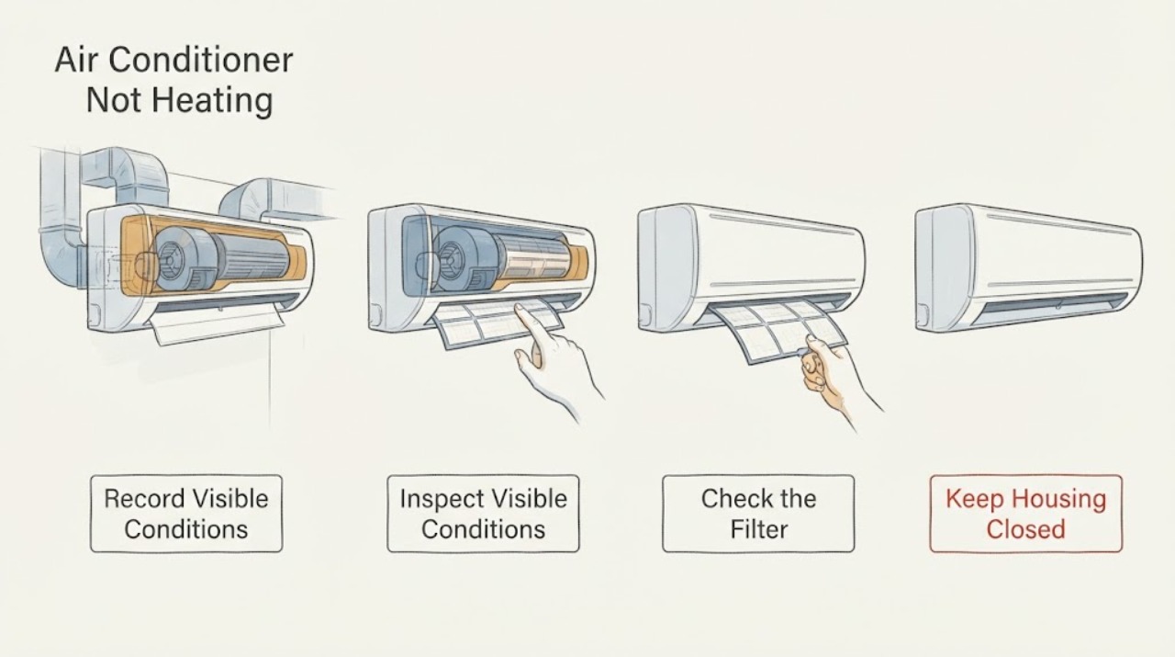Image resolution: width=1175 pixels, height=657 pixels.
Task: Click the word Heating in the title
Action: coord(212,100)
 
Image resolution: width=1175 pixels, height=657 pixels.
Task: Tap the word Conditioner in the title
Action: coord(201,60)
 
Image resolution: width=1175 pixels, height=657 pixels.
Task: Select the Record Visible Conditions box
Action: coord(186,514)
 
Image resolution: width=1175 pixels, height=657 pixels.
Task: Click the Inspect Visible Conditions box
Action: coord(483,514)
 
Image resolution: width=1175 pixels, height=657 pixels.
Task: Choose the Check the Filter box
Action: coord(758,514)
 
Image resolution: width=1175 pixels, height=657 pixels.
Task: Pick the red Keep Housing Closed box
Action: coord(1026,514)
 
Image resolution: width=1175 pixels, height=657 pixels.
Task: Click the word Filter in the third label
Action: coord(759,529)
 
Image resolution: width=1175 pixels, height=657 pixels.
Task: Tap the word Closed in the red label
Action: coord(1026,529)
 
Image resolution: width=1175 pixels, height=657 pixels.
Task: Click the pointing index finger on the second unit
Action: coord(527,322)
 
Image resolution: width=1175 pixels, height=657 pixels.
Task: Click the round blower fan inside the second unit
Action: coord(455,259)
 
